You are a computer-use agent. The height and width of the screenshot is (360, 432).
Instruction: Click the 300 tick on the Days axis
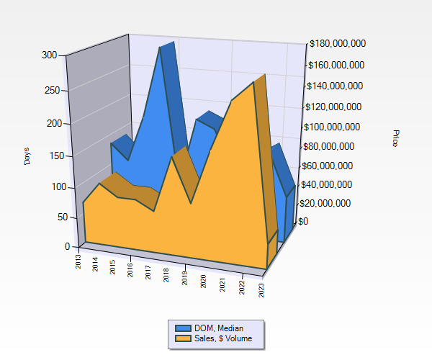pos(50,55)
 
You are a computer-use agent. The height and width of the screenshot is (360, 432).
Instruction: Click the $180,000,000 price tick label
pos(337,44)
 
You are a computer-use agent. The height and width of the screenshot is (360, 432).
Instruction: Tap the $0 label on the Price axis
pos(303,221)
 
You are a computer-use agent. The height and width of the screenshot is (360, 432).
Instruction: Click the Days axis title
pos(27,155)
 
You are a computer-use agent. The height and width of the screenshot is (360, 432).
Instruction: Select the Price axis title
pos(395,138)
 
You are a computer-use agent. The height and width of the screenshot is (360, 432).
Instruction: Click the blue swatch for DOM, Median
pos(183,328)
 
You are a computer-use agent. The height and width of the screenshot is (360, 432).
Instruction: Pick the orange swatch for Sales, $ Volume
pos(183,338)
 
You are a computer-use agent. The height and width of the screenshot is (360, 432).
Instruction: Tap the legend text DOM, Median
pos(219,328)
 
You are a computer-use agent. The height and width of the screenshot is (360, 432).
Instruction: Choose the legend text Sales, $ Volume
pos(224,338)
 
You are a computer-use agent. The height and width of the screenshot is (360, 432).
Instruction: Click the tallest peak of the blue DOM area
pos(161,49)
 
